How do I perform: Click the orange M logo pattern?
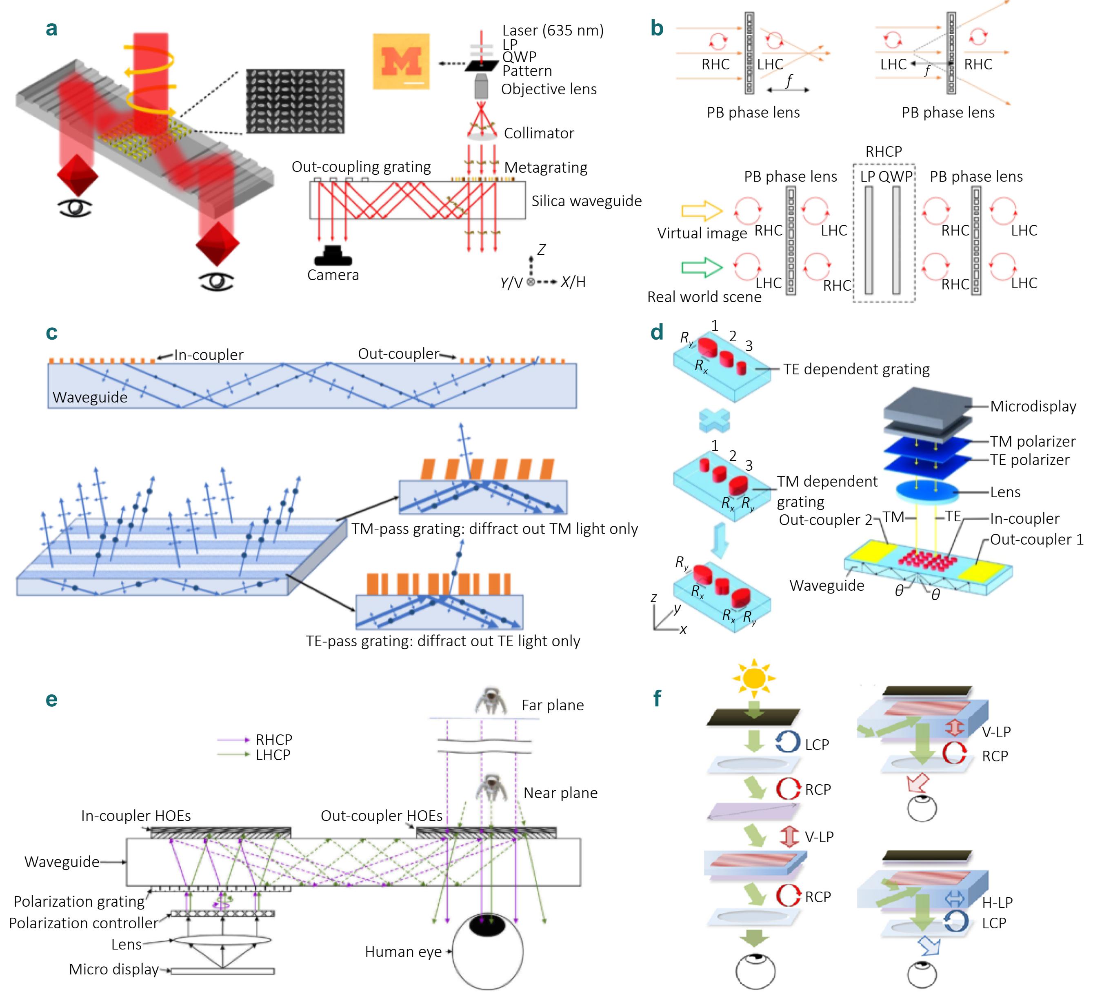(x=401, y=61)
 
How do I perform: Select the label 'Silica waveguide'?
(x=586, y=201)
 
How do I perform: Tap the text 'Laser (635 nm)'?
(x=553, y=30)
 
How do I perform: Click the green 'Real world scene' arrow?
(x=702, y=267)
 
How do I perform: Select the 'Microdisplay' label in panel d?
(x=1033, y=406)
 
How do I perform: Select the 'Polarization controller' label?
(x=84, y=923)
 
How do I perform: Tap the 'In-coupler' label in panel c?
(x=209, y=355)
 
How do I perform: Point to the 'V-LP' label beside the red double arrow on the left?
(x=819, y=837)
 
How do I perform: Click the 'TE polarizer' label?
(x=1030, y=460)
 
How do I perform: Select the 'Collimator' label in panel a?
(x=539, y=133)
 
